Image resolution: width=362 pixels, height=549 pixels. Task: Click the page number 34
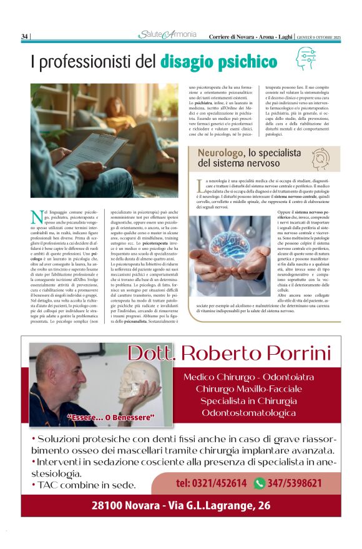point(24,36)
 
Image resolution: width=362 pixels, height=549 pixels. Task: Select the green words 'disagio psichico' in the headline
point(218,61)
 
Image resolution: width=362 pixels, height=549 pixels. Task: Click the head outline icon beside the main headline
point(305,57)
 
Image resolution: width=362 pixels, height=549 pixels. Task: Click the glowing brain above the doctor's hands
point(230,240)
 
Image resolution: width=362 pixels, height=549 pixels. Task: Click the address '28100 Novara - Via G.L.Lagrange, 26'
point(181,505)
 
